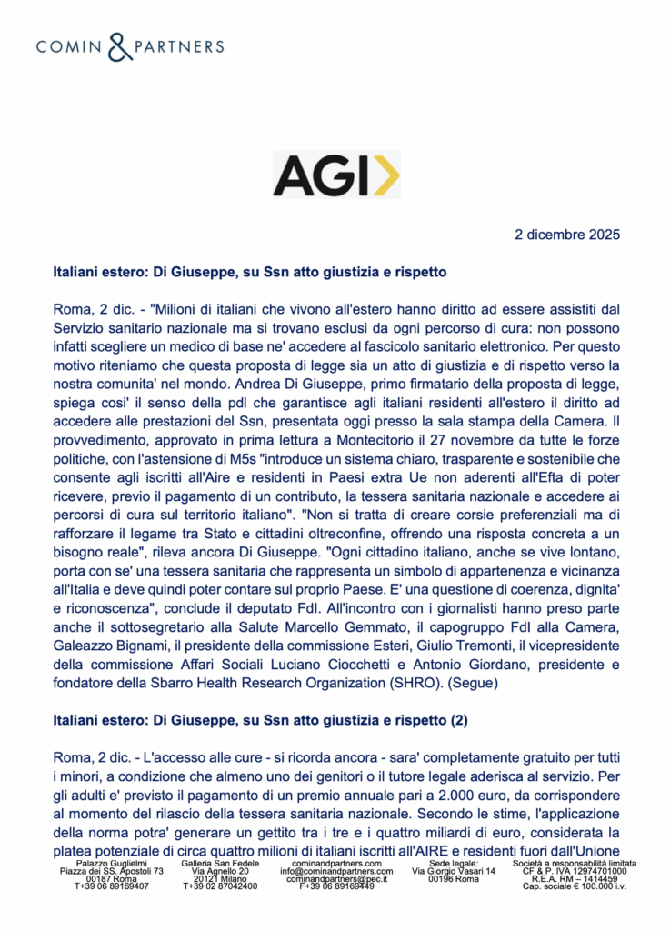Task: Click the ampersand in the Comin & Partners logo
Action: click(x=120, y=46)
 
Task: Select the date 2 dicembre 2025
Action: click(x=567, y=235)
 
